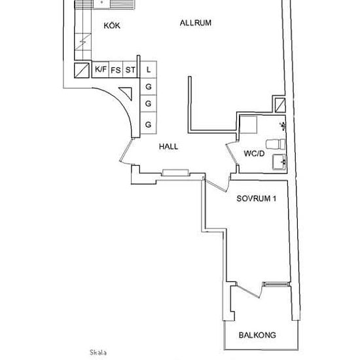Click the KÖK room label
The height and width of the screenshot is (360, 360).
tap(113, 26)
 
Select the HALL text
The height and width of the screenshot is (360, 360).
tap(168, 147)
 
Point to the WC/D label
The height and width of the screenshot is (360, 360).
tap(253, 154)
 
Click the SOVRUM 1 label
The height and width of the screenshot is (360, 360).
tap(257, 200)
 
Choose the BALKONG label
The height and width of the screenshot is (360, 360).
tap(257, 334)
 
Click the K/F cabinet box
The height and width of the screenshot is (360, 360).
tap(100, 69)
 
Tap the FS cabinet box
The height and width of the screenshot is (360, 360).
tap(115, 69)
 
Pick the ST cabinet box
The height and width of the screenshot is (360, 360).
tap(130, 69)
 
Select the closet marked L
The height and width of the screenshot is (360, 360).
tap(149, 69)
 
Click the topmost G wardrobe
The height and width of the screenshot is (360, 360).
tap(149, 86)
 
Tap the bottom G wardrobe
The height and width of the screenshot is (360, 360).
tap(149, 124)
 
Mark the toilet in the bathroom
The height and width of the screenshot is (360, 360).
tap(275, 143)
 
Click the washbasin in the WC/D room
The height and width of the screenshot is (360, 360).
tap(279, 161)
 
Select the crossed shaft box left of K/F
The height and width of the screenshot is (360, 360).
tap(82, 70)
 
